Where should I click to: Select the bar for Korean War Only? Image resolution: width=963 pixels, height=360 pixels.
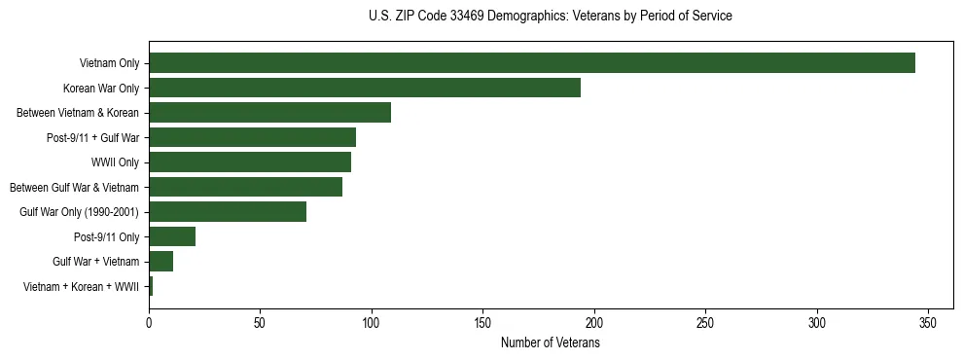tap(364, 88)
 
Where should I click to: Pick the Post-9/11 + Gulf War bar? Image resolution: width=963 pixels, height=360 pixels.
tap(252, 137)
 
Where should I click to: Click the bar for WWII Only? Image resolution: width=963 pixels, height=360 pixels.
tap(250, 162)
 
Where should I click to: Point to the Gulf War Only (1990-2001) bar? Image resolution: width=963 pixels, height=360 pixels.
tap(228, 211)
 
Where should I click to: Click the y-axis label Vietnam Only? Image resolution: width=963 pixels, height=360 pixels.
tap(109, 64)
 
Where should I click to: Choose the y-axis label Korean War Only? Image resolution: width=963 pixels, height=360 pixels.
tap(101, 89)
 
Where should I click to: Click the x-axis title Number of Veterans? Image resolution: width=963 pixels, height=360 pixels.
tap(550, 343)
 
